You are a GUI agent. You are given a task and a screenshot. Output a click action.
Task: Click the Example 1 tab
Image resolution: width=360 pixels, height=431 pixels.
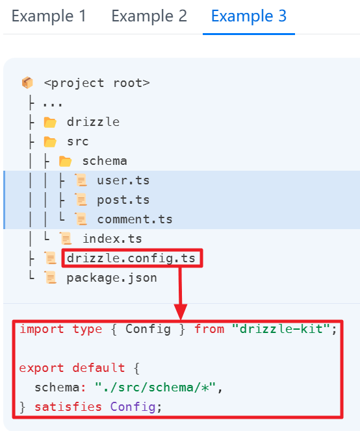[x=49, y=16]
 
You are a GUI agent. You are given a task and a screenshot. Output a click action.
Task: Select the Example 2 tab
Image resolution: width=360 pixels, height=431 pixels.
[x=149, y=16]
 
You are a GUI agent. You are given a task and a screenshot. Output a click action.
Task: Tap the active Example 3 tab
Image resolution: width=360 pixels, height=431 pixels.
[x=249, y=16]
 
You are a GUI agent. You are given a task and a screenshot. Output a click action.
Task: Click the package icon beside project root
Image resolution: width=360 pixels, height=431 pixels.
[x=27, y=82]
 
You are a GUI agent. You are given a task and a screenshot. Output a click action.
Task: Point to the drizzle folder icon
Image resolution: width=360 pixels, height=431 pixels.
[x=50, y=122]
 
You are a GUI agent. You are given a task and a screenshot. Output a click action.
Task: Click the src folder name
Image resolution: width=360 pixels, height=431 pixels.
[x=77, y=142]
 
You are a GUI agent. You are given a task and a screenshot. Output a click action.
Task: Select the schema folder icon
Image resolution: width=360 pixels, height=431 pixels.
[x=65, y=162]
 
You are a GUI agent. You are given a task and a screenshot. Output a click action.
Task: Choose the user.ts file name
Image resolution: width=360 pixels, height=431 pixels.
[x=123, y=180]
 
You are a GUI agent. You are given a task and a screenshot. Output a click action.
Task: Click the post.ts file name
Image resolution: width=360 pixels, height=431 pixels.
[x=123, y=200]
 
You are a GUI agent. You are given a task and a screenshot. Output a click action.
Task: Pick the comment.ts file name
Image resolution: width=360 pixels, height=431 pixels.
[x=135, y=219]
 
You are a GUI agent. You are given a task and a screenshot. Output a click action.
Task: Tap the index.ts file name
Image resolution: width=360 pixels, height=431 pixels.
[x=112, y=239]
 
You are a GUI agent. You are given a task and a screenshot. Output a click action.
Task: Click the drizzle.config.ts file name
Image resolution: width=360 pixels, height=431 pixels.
[x=131, y=258]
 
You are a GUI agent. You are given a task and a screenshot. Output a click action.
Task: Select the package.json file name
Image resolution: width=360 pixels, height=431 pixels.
[x=112, y=278]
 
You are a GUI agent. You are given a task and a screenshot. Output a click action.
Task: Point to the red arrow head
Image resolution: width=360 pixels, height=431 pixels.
[x=181, y=312]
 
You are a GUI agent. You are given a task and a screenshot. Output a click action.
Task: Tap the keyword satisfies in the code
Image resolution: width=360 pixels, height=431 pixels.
[x=68, y=407]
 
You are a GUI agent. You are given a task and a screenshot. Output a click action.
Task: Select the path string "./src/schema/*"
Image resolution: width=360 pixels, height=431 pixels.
[x=155, y=388]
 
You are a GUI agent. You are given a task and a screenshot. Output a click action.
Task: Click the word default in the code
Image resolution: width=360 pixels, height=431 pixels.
[x=99, y=368]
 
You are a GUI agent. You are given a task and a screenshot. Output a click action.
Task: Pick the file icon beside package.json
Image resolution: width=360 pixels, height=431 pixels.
[x=51, y=277]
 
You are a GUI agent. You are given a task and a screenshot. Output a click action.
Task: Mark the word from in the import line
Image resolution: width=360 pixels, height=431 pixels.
[x=209, y=329]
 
